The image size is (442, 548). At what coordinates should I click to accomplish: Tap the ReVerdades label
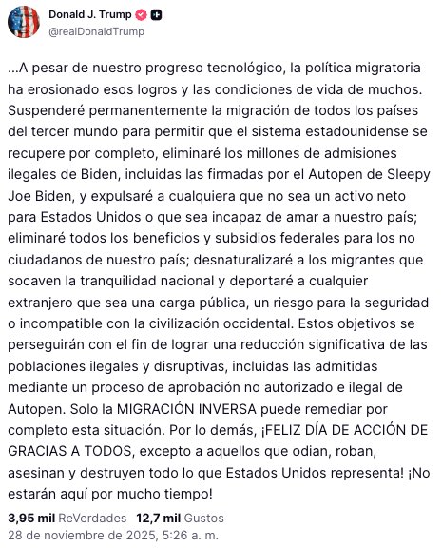click(x=92, y=517)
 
